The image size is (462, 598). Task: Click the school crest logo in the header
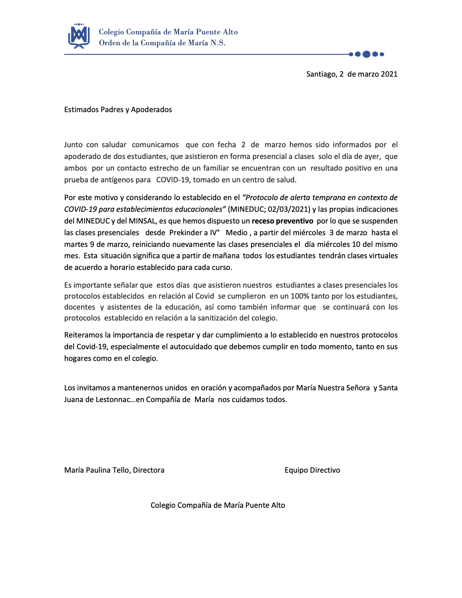pos(79,36)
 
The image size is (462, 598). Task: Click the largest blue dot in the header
pos(366,54)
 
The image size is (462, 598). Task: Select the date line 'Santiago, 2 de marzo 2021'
pos(352,74)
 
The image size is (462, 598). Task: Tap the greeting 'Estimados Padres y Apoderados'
pos(118,109)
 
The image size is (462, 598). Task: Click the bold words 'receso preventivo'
pos(282,221)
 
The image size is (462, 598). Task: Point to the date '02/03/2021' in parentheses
pos(289,209)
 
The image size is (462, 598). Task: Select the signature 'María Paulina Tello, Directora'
pos(114,470)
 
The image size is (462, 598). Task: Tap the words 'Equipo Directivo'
pos(312,470)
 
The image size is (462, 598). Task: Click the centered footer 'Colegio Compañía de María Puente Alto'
pos(218,505)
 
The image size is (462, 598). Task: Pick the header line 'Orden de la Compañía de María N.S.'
pos(162,43)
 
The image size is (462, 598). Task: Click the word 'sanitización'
pos(220,318)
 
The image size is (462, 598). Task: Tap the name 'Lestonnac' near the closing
pos(113,399)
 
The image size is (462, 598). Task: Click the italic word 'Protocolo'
pos(261,197)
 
